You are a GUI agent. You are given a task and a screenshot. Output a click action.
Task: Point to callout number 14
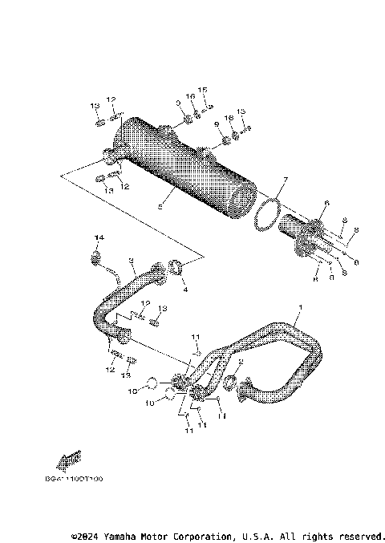(x=100, y=238)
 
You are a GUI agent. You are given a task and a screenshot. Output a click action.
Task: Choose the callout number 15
(x=203, y=89)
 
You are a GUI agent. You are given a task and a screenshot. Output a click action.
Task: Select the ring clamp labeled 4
(x=181, y=267)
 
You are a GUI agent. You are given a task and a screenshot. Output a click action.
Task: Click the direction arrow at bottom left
(x=68, y=459)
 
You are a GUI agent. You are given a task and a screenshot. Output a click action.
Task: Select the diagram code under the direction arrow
(x=75, y=479)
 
